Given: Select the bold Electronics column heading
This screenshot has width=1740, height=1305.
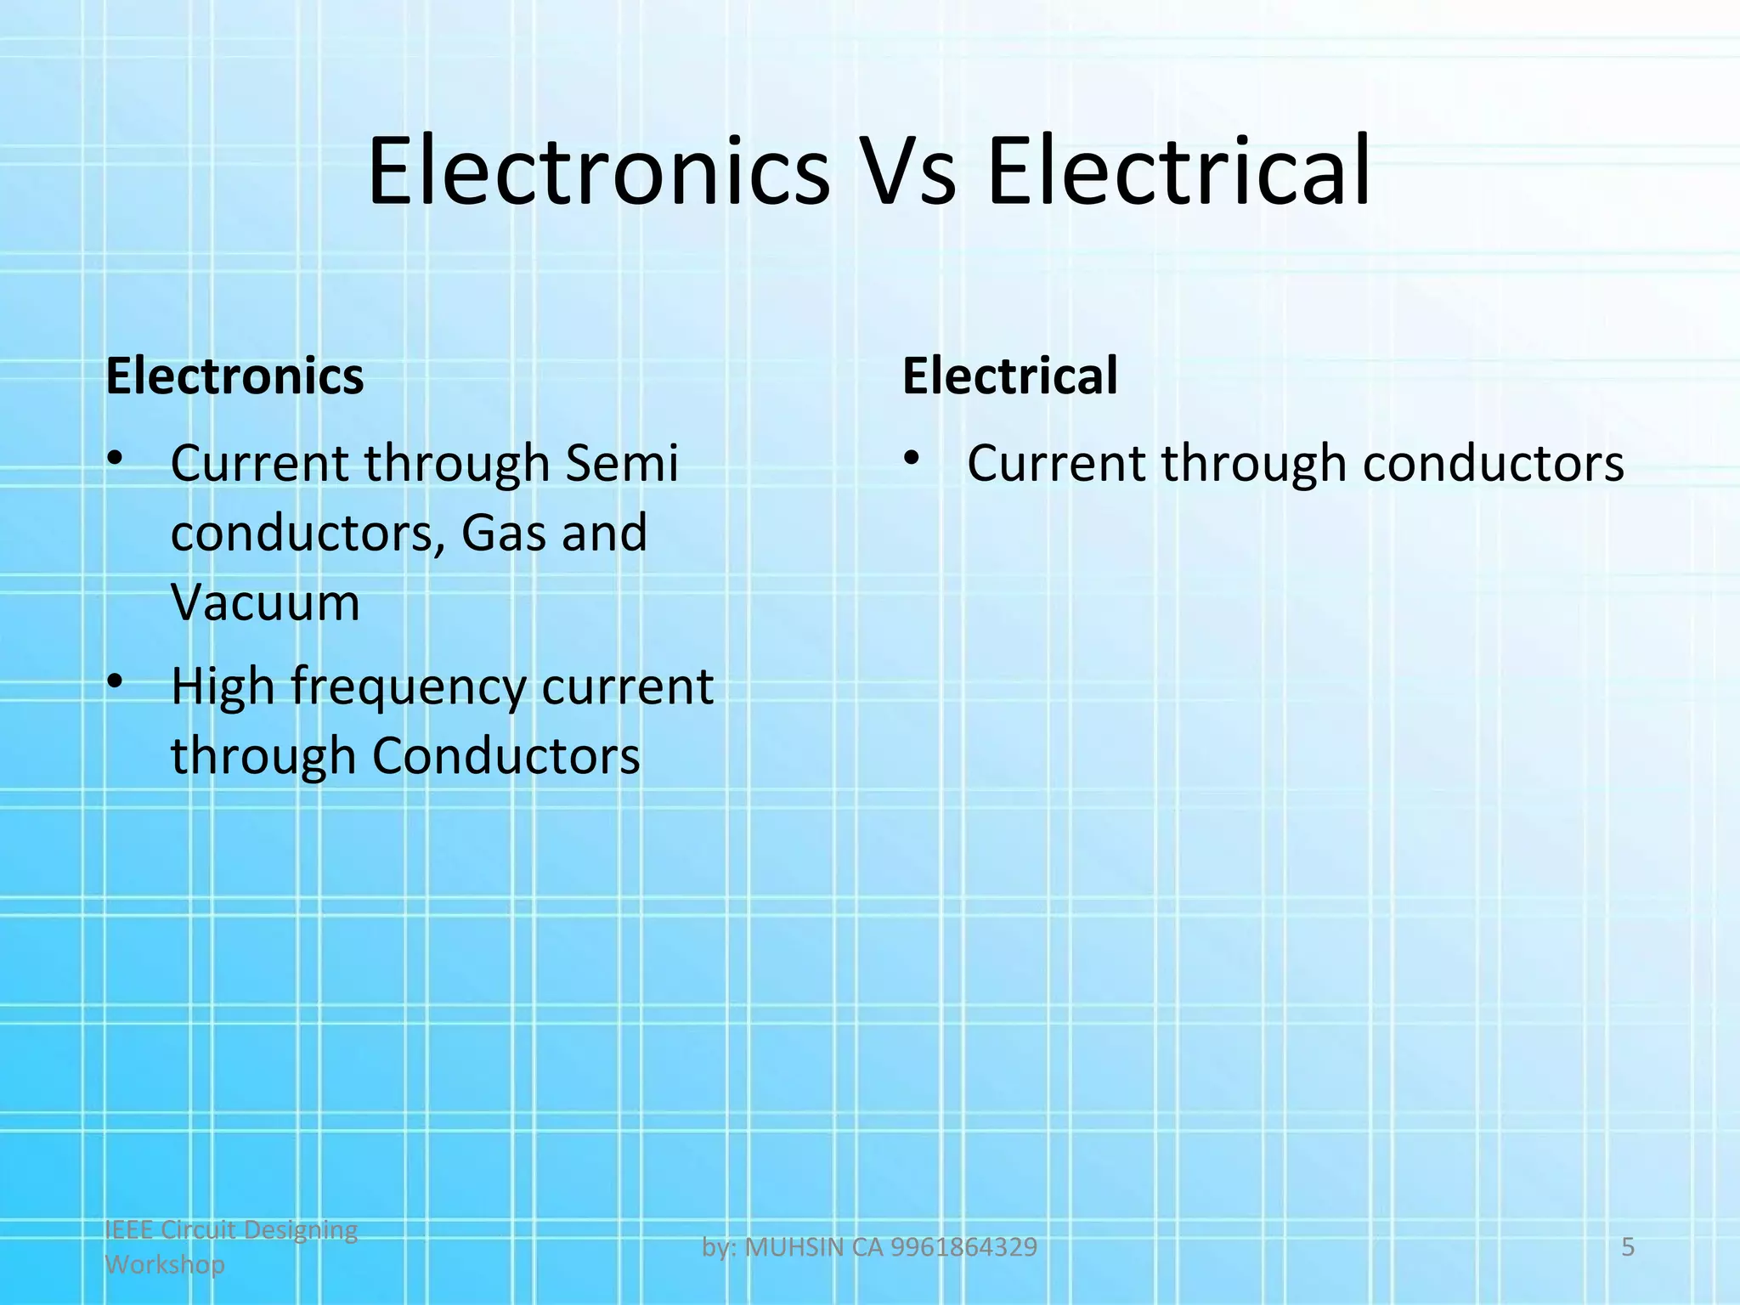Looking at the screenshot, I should coord(234,376).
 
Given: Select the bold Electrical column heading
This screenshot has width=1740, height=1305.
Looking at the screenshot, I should coord(1009,376).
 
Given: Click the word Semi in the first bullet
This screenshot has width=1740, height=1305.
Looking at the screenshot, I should coord(621,464).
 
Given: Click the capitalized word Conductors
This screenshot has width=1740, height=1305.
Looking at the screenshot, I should coord(506,756).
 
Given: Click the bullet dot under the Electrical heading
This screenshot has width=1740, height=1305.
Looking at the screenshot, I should coord(912,459).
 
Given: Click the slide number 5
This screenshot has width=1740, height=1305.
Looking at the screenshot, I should coord(1628,1246).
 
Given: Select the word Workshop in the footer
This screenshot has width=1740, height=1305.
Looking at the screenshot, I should coord(165,1264).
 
